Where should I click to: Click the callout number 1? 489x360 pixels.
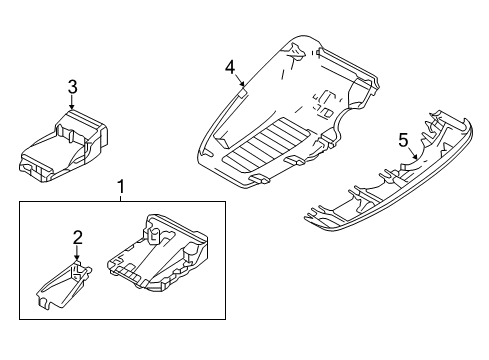point(121,187)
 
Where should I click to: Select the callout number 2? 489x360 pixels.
point(77,238)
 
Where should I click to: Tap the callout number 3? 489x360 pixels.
point(72,88)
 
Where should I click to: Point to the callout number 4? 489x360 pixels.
point(230,69)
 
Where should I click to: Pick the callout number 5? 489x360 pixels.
point(403,140)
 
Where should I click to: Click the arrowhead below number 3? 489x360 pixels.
point(72,106)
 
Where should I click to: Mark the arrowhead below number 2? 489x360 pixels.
point(77,257)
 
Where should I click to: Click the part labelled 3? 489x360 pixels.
point(63,147)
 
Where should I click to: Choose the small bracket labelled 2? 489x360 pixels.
point(65,285)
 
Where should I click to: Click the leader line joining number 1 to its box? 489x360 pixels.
point(121,198)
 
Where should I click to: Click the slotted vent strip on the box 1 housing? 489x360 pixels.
point(128,273)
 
